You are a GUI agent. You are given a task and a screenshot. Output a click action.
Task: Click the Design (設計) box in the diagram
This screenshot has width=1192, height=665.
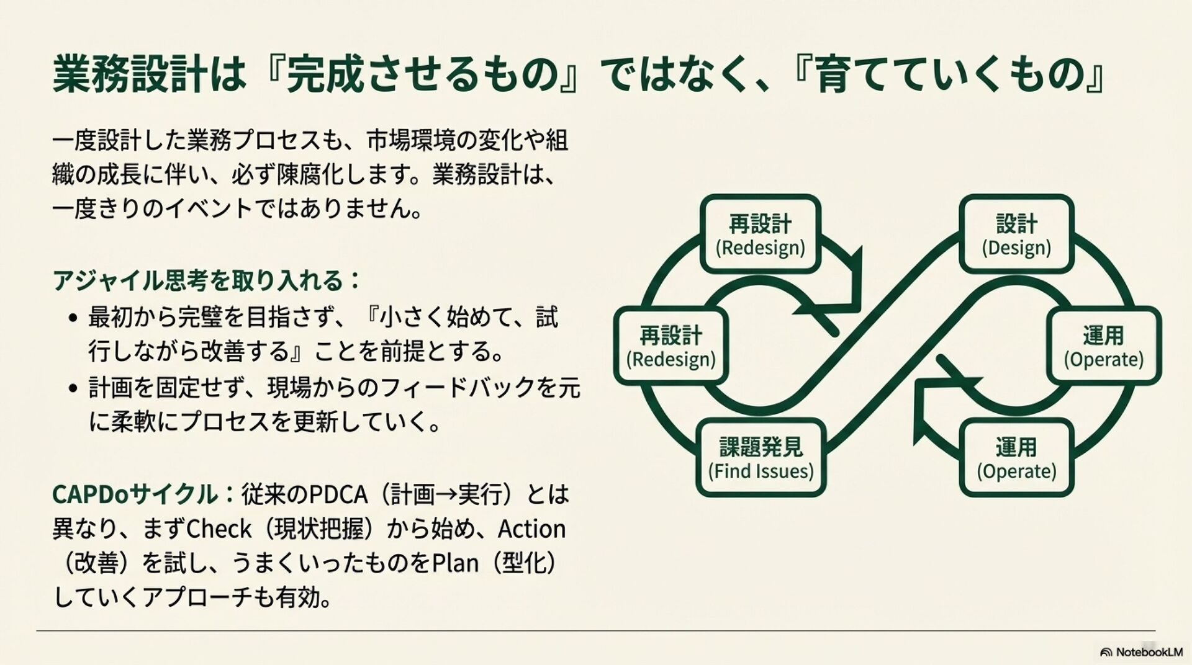click(1016, 234)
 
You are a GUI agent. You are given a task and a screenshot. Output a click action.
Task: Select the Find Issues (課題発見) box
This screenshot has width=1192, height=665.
click(761, 458)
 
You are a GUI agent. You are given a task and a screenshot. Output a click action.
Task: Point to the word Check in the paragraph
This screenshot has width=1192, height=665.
click(219, 529)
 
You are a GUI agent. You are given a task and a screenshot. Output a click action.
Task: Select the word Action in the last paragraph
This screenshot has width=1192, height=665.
click(531, 529)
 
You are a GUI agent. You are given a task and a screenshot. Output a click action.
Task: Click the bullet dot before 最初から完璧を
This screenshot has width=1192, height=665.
click(74, 318)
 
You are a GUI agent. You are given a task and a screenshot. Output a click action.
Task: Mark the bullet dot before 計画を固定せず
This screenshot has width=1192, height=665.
click(74, 389)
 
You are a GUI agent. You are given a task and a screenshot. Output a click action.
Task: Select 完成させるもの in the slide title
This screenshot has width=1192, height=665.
click(422, 74)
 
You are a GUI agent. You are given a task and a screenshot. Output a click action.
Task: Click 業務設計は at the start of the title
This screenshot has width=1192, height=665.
click(149, 74)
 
